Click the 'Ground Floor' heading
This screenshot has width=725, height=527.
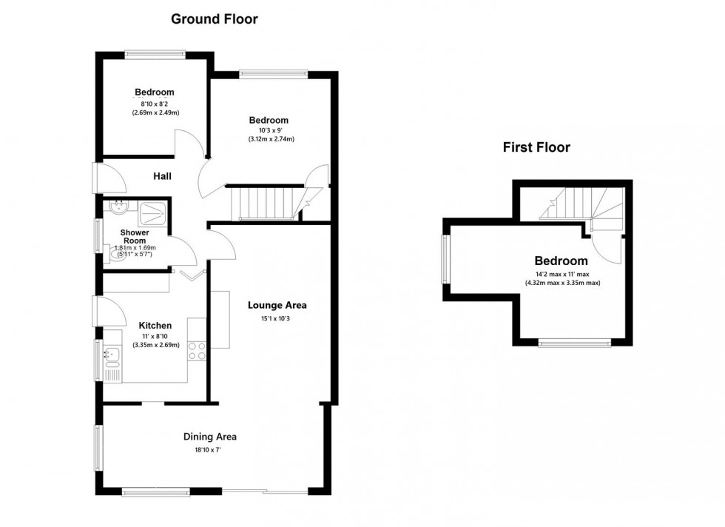215,19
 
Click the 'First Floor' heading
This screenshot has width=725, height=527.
536,147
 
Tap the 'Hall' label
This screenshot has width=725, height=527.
162,176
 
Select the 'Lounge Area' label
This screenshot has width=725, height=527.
277,305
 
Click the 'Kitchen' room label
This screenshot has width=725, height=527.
155,326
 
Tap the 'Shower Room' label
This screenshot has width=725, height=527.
135,237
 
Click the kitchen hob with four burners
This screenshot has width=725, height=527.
198,350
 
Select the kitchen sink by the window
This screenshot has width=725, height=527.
112,358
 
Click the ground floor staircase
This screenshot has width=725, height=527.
265,204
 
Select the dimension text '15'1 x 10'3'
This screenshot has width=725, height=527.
277,319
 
